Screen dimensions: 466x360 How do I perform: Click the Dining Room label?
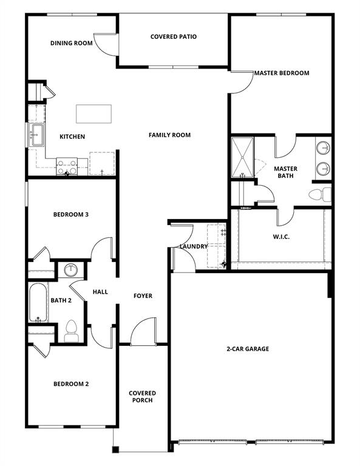point(71,43)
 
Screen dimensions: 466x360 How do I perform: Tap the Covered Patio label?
point(174,37)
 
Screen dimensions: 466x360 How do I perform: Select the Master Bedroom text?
point(282,73)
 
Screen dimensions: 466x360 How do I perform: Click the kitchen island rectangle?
point(93,113)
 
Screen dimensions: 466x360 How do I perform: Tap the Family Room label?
point(170,135)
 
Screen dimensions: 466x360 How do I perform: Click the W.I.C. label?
point(281,237)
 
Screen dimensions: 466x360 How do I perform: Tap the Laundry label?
point(194,246)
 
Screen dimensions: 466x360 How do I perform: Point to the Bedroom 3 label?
point(71,214)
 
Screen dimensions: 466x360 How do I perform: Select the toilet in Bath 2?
point(70,330)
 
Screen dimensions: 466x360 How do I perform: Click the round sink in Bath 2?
point(70,269)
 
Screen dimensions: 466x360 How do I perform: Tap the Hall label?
point(100,292)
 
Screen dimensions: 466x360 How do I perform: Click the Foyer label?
point(143,296)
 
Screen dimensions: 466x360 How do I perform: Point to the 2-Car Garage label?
point(248,349)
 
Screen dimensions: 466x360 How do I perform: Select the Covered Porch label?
point(142,397)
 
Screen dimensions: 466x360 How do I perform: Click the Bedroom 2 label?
point(71,384)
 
